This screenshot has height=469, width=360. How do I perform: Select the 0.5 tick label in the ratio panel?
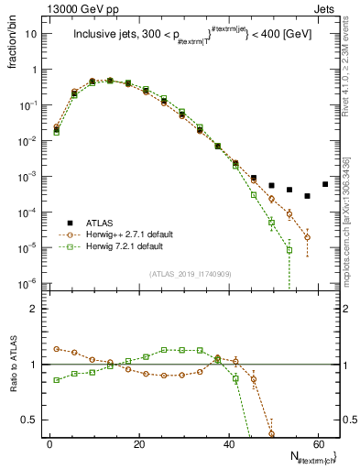pyautogui.click(x=29, y=420)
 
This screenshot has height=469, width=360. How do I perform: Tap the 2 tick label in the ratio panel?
pyautogui.click(x=33, y=309)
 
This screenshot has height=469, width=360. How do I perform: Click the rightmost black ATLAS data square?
pyautogui.click(x=325, y=184)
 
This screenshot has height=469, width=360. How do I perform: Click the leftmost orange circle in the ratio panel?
pyautogui.click(x=58, y=349)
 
